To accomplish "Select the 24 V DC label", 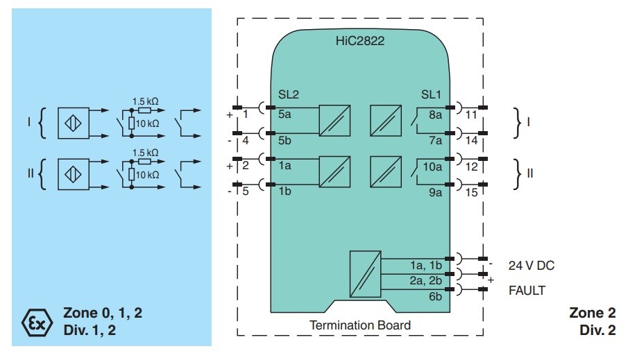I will coord(532,266).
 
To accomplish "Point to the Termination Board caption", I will coord(360,325).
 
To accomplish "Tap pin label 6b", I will coord(436,296).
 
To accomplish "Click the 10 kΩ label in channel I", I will coord(147,123).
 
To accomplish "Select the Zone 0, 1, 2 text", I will coord(103,313).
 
